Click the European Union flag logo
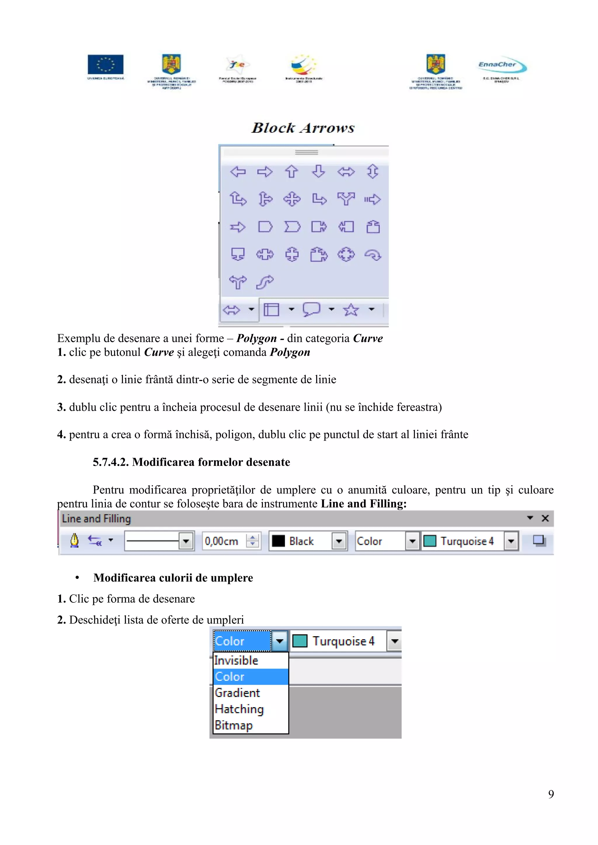[x=105, y=64]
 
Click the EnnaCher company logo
[x=502, y=66]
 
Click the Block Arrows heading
[x=303, y=128]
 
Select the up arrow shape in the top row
[x=291, y=171]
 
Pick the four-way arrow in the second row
[x=292, y=199]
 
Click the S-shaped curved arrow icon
[x=265, y=282]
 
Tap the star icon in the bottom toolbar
[x=351, y=310]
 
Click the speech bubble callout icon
[x=311, y=309]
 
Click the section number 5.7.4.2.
[x=111, y=462]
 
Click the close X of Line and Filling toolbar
[x=545, y=518]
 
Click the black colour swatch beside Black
[x=278, y=541]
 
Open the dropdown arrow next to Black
[x=339, y=541]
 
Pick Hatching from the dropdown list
[x=239, y=709]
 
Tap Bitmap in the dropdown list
[x=234, y=725]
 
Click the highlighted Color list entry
[x=230, y=676]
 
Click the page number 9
[x=551, y=794]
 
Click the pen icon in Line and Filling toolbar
[x=74, y=541]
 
